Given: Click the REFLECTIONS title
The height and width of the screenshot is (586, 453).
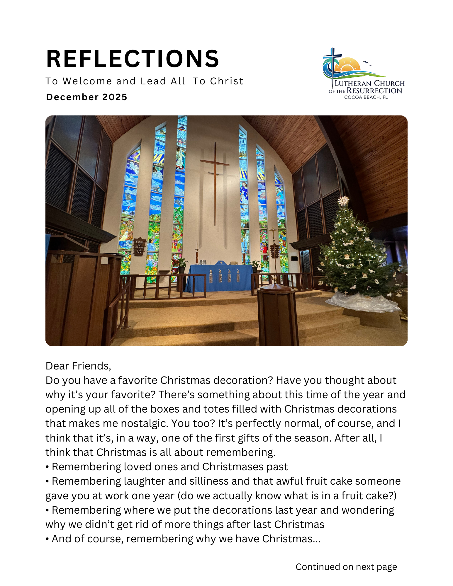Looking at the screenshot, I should pyautogui.click(x=133, y=59).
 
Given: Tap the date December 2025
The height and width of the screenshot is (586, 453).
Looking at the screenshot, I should pyautogui.click(x=87, y=97).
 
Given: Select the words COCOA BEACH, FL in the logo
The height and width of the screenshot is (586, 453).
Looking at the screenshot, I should pyautogui.click(x=366, y=97).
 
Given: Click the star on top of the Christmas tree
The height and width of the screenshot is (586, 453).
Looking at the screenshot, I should pyautogui.click(x=343, y=201).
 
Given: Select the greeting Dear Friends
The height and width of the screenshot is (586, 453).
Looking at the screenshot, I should pyautogui.click(x=78, y=366).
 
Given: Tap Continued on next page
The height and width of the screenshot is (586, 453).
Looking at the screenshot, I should pyautogui.click(x=346, y=567).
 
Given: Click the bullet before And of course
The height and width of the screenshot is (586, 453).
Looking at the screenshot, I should pyautogui.click(x=47, y=539).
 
